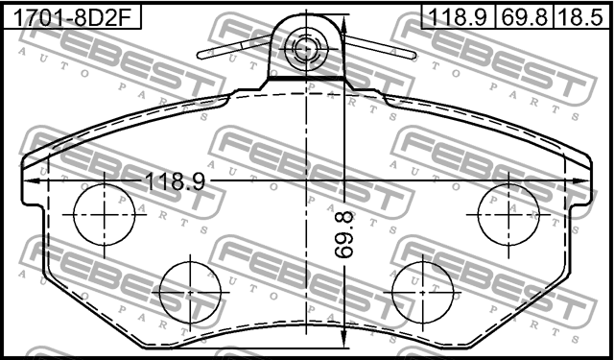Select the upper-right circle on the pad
tap(508, 213)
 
